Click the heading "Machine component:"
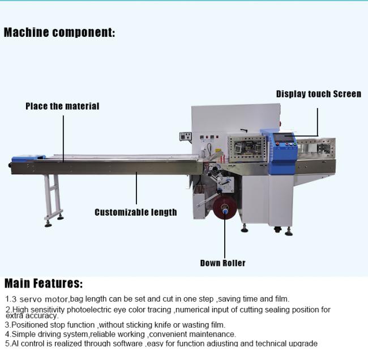point(59,32)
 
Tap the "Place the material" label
point(62,106)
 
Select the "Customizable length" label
point(136,212)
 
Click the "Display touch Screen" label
point(318,94)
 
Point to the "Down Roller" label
point(222,263)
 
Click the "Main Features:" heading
point(44,283)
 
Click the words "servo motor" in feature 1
point(44,299)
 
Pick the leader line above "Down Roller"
point(224,235)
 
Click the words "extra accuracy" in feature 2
point(32,316)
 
